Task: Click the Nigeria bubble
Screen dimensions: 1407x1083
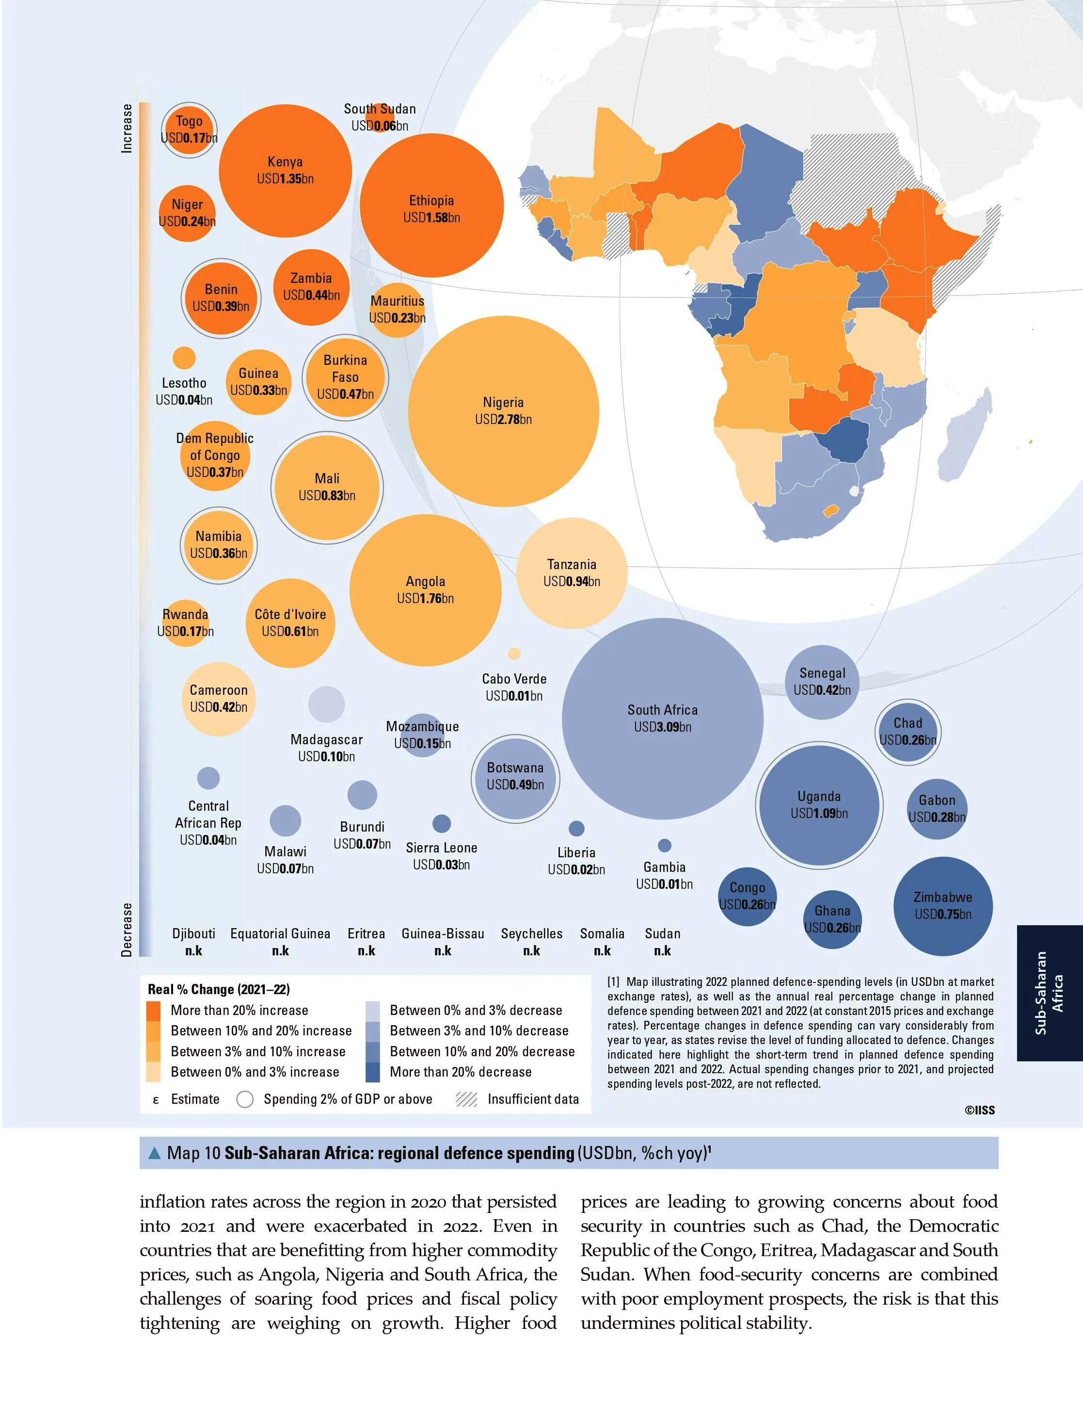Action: pyautogui.click(x=504, y=411)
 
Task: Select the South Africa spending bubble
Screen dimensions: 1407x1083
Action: pyautogui.click(x=663, y=719)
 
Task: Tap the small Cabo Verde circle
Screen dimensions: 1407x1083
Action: pyautogui.click(x=514, y=654)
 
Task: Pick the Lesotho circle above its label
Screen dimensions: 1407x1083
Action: pyautogui.click(x=184, y=358)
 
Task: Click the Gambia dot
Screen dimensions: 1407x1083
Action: pyautogui.click(x=665, y=845)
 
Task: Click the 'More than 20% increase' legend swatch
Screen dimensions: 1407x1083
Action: pyautogui.click(x=154, y=1010)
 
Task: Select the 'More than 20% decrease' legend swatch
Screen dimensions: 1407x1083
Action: pyautogui.click(x=373, y=1072)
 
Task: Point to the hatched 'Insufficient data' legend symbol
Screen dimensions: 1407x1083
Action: pyautogui.click(x=466, y=1099)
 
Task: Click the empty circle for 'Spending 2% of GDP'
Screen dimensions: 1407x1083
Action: pyautogui.click(x=245, y=1099)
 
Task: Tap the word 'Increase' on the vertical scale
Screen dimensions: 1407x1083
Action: pyautogui.click(x=127, y=129)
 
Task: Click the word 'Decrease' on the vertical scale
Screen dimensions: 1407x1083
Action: pyautogui.click(x=127, y=929)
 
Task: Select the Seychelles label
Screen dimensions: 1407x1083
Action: pyautogui.click(x=532, y=933)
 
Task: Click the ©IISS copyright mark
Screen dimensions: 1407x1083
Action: pyautogui.click(x=979, y=1110)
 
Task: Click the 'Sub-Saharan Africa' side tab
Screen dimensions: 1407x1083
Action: pyautogui.click(x=1050, y=993)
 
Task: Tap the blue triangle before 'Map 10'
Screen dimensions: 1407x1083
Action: pyautogui.click(x=155, y=1153)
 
